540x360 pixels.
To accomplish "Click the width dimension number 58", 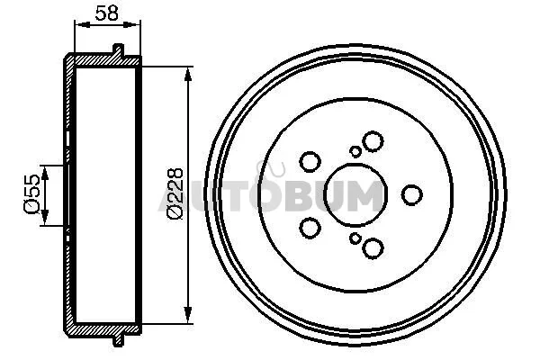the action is tap(107, 13).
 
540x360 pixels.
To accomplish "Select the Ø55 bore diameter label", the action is tap(32, 194).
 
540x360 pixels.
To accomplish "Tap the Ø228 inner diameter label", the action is tap(175, 193).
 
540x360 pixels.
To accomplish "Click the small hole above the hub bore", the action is tap(355, 151).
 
